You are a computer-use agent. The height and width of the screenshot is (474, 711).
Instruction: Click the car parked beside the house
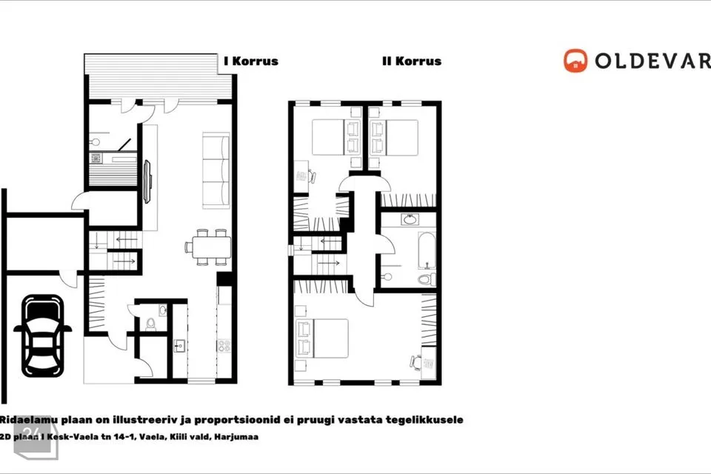[43, 336]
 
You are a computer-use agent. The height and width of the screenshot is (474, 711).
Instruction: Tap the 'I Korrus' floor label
[251, 61]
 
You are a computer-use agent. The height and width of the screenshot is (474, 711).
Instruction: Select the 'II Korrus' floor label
[412, 61]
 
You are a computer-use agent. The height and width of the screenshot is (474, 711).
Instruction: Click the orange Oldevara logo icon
[575, 61]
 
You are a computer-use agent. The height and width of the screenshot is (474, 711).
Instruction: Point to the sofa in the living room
[216, 170]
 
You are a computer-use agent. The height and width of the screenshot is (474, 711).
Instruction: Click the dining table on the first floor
[211, 247]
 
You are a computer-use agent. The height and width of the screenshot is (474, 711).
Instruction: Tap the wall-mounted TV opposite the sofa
[147, 182]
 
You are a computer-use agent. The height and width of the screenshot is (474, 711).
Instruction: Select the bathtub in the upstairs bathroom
[427, 251]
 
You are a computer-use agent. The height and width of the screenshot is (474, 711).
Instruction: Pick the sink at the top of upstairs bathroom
[410, 219]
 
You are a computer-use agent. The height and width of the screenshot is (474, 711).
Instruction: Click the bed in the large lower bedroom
[322, 338]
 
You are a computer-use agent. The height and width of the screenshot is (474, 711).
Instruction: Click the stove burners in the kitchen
[224, 346]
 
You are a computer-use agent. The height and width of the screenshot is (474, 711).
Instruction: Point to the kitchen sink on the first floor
[179, 346]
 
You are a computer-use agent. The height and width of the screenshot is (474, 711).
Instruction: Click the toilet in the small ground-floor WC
[150, 324]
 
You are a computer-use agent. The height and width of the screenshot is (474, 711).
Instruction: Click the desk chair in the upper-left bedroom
[312, 176]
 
